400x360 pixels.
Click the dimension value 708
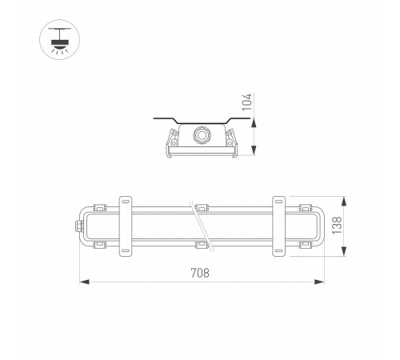tap(199, 273)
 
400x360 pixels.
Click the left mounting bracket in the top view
tap(126, 226)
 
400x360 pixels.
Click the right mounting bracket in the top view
tap(279, 226)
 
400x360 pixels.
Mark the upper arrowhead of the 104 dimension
tap(254, 121)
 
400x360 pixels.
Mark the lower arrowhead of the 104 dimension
tap(254, 156)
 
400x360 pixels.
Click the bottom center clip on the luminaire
tap(201, 244)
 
